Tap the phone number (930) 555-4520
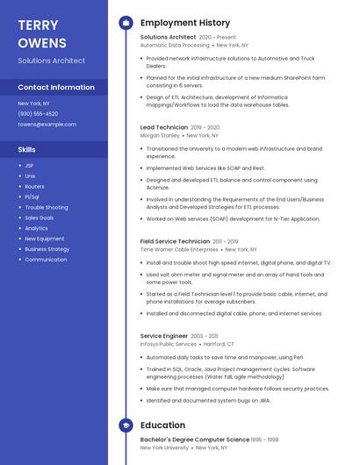coord(38,113)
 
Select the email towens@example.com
coord(47,124)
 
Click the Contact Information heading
coord(56,88)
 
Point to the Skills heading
coord(26,149)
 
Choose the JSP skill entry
coord(29,165)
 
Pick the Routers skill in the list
coord(34,186)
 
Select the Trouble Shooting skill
coord(46,207)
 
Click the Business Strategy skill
coord(47,249)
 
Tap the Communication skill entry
coord(46,260)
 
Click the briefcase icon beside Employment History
coord(126,23)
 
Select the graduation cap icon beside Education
coord(126,426)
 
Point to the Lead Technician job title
coord(164,127)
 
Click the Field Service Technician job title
coord(175,240)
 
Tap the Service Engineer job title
coord(164,336)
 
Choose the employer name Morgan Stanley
coord(160,136)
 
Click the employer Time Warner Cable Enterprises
coord(179,249)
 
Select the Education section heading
coord(162,426)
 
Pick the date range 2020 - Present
coord(218,38)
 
